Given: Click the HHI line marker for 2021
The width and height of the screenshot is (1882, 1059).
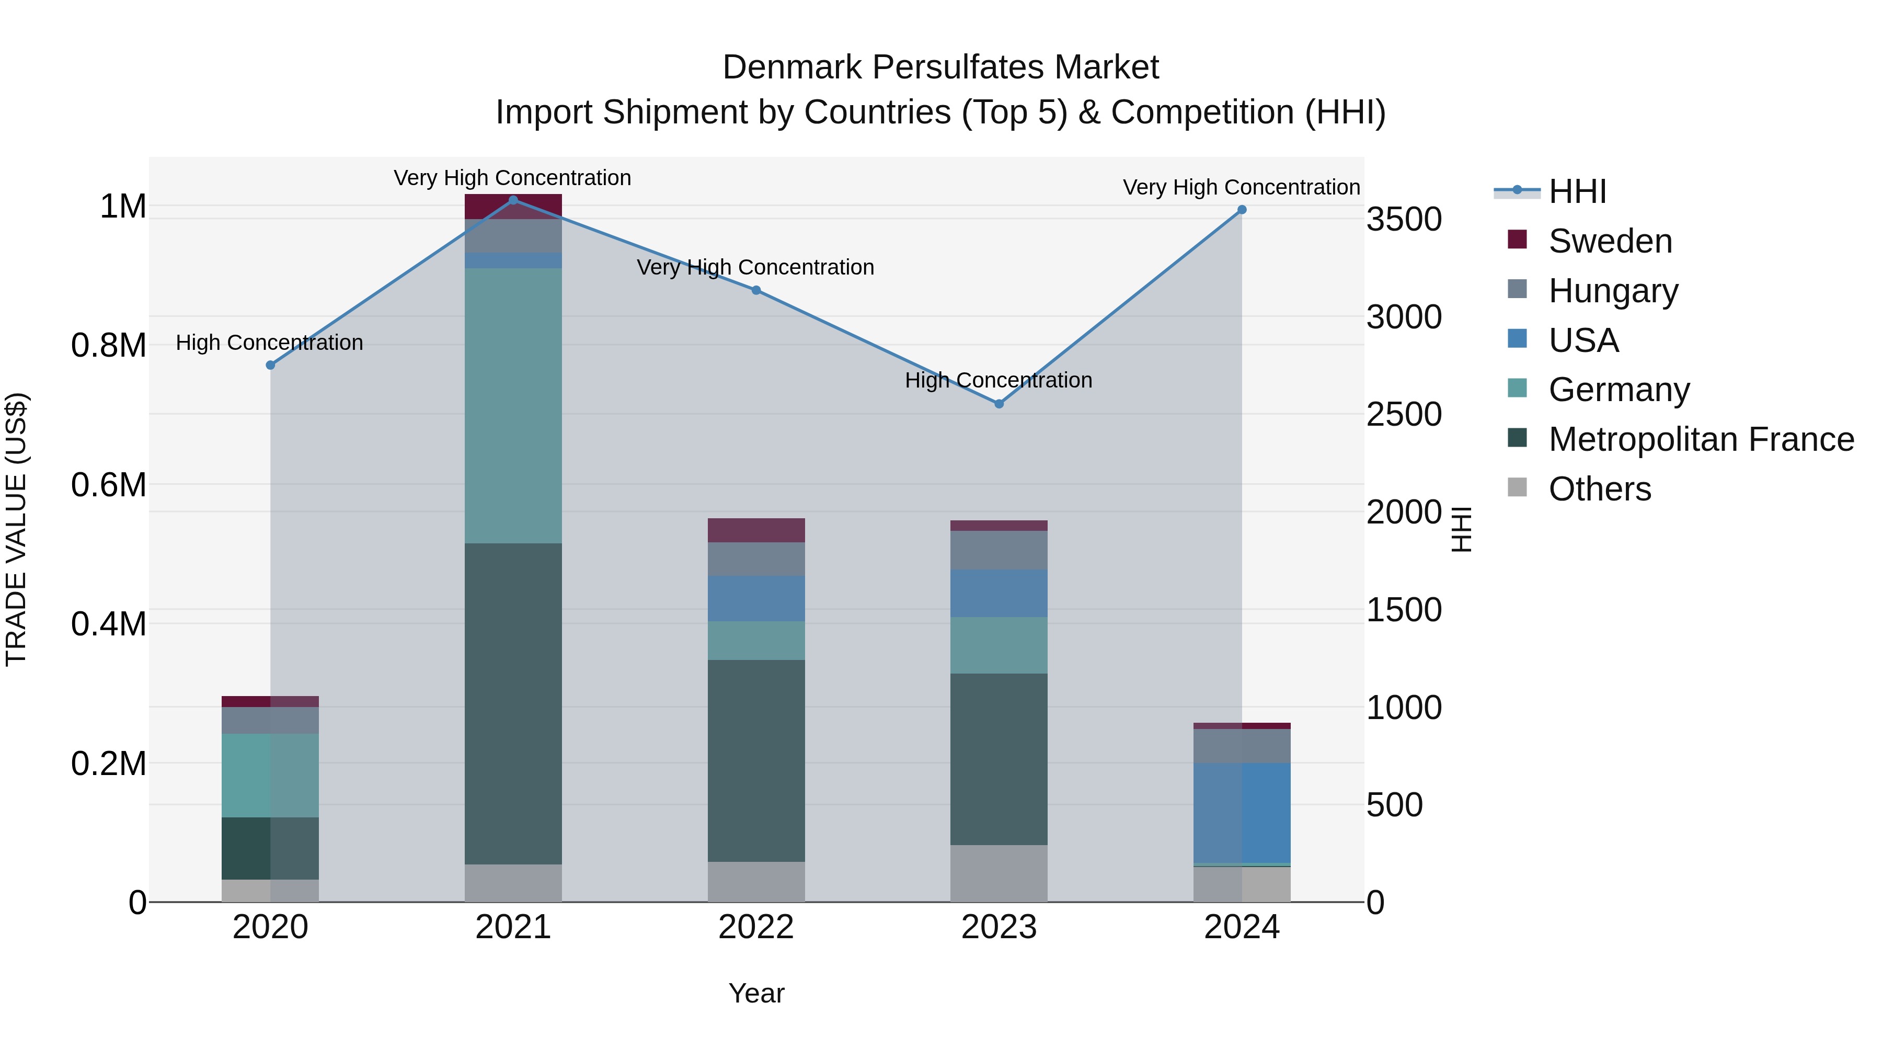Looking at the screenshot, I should [513, 200].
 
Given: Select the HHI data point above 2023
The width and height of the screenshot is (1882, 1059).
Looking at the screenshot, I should [999, 403].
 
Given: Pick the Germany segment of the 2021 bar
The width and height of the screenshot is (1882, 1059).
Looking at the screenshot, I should [513, 406].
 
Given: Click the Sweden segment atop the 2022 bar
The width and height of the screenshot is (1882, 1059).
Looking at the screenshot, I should [756, 530].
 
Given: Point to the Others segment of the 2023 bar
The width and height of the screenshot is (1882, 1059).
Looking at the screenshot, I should [999, 873].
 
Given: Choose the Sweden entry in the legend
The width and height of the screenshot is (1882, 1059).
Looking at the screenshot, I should [1610, 241].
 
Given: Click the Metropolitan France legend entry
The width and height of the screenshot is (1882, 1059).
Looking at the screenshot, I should [1701, 439].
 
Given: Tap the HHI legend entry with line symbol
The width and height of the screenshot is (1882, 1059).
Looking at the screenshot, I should [1577, 191].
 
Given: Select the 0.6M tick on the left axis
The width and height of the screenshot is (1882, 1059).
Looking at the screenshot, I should [108, 485].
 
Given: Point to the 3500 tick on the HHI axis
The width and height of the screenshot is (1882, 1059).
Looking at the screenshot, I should [1404, 219].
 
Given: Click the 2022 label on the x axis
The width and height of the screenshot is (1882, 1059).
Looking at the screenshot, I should [756, 927].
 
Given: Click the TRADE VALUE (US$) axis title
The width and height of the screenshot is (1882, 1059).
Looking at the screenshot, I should [16, 529].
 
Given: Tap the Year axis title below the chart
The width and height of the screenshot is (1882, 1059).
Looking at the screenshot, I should [756, 993].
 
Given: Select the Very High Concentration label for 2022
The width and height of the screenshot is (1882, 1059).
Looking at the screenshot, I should [755, 267].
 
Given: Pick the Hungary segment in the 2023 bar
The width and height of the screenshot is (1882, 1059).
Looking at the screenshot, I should [999, 550].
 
